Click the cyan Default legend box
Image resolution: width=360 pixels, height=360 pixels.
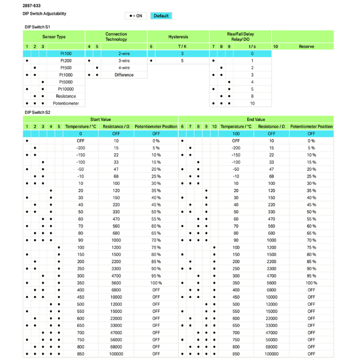click(161, 16)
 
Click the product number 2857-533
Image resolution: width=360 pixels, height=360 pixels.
click(32, 5)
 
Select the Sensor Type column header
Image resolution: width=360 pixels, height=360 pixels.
click(54, 36)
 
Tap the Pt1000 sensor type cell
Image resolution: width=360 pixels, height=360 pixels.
click(66, 75)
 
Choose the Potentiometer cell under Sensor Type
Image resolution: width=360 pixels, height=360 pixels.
click(66, 103)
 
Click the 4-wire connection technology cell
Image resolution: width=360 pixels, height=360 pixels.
click(124, 68)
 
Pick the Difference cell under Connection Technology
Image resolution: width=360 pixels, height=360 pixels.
click(124, 75)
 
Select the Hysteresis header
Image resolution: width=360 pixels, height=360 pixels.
click(178, 36)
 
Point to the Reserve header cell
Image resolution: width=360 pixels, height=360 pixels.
click(306, 47)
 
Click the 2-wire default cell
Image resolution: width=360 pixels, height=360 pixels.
click(124, 54)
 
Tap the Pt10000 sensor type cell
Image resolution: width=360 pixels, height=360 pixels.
click(66, 89)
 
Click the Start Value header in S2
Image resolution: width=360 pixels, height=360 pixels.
click(101, 119)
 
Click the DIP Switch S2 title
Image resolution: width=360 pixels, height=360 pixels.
click(37, 112)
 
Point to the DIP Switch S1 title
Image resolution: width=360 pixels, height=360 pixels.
click(37, 27)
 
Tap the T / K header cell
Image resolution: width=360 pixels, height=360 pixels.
click(182, 47)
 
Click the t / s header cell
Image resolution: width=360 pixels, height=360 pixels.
click(252, 47)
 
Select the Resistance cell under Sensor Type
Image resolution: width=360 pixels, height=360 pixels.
click(66, 96)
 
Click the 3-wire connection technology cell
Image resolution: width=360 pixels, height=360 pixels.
click(124, 61)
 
